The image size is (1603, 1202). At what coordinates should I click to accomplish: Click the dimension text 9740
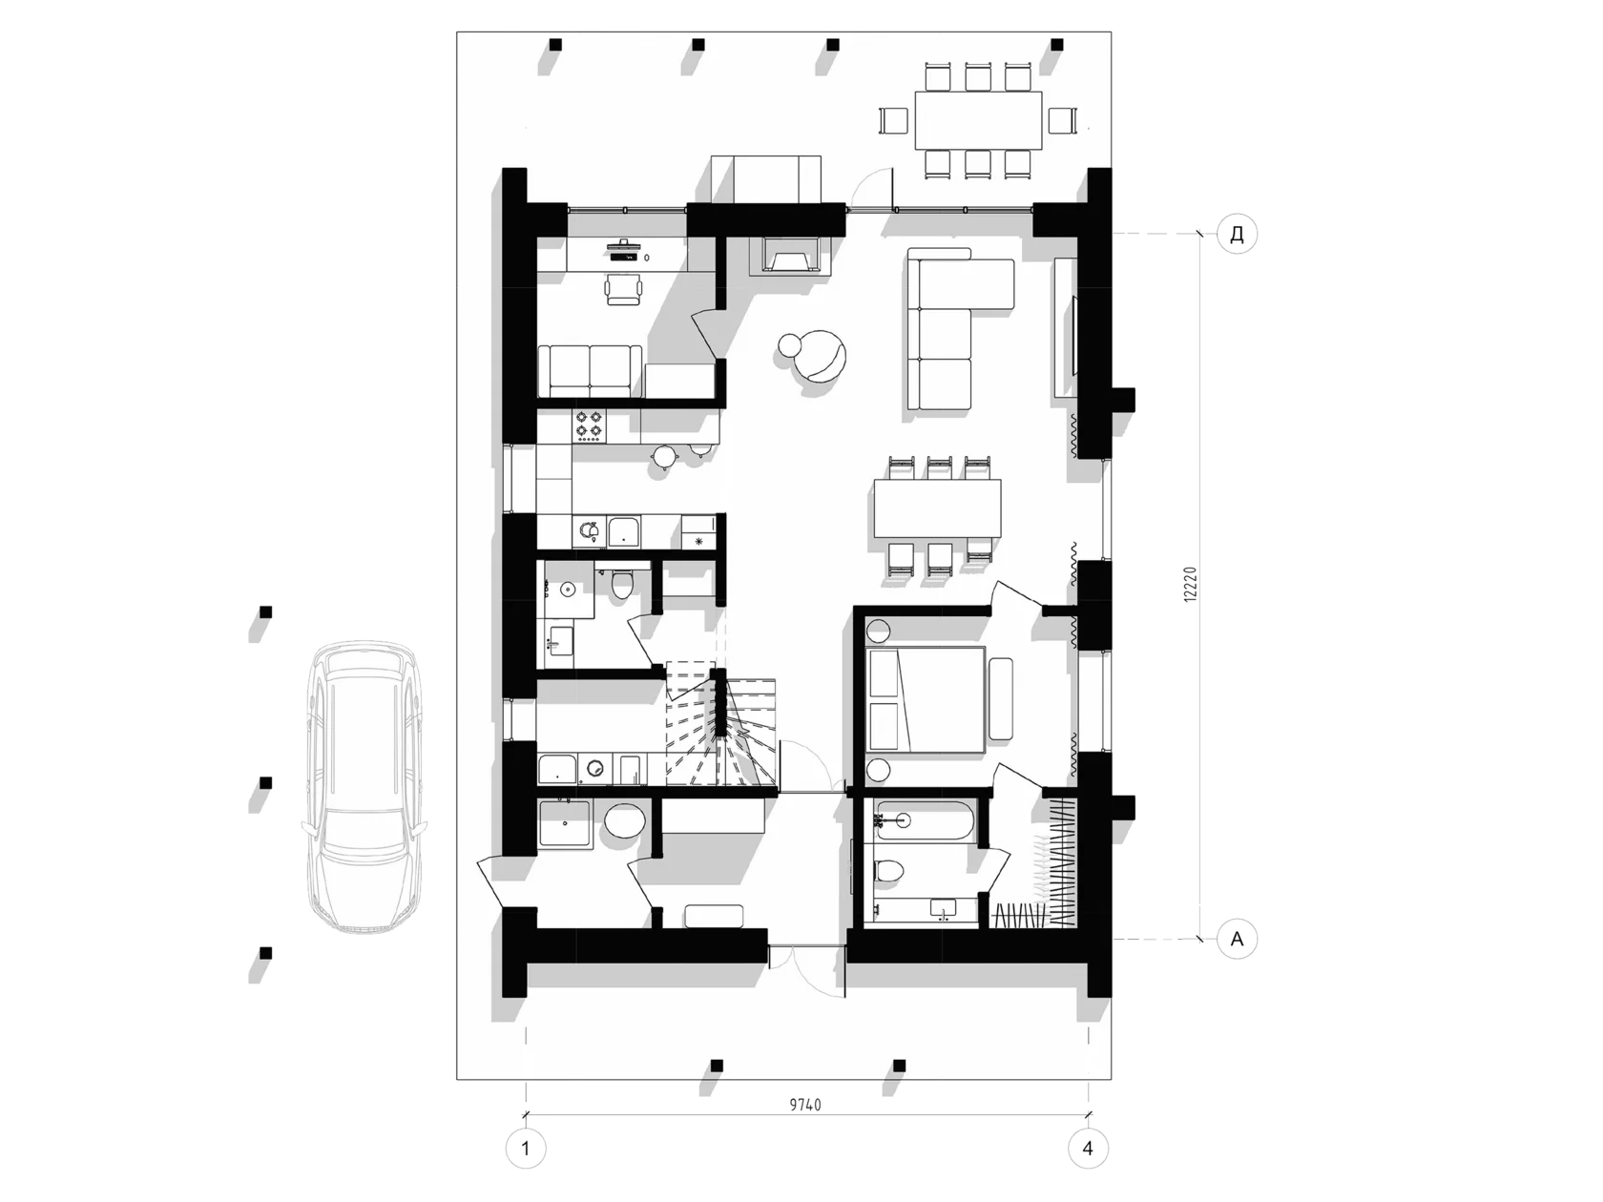804,1105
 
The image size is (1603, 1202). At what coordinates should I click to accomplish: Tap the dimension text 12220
1191,585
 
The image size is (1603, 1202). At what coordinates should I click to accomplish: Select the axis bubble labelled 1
525,1149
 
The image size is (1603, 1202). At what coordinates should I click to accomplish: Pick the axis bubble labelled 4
1088,1149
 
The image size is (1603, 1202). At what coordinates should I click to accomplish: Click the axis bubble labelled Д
1237,234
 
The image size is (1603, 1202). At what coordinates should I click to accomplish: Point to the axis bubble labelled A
1237,939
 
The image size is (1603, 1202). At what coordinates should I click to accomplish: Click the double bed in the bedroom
926,699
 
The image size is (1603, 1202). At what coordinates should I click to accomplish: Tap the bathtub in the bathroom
924,821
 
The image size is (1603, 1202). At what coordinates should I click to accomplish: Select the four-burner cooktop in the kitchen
590,425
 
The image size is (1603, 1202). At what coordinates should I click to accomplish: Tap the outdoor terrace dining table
978,120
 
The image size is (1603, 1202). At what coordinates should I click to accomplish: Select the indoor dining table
937,508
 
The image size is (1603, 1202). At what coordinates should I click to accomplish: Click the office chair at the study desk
624,288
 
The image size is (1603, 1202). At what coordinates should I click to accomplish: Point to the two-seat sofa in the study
590,371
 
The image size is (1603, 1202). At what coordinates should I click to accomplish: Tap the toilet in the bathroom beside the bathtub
887,870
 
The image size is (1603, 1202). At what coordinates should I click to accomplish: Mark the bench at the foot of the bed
1001,698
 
